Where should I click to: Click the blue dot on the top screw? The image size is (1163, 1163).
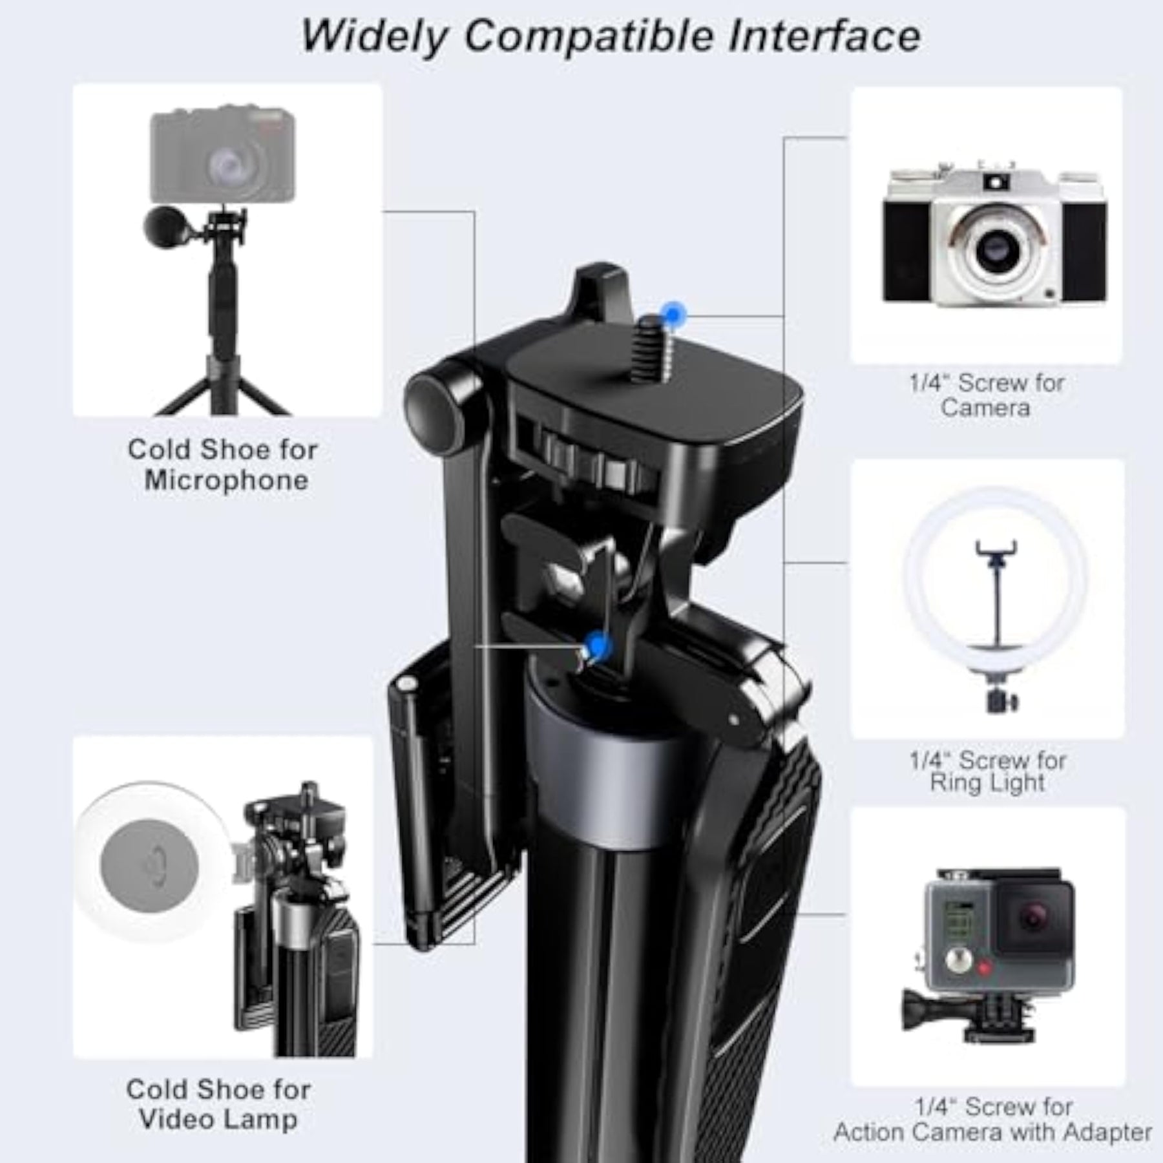pos(675,315)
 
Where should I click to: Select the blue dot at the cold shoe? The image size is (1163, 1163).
pos(598,645)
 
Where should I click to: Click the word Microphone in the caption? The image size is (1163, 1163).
pos(226,481)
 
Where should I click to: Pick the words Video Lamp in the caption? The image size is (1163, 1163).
pos(218,1120)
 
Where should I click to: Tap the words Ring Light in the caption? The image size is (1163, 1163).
pos(987,782)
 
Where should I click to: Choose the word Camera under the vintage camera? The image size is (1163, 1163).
pos(985,408)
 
